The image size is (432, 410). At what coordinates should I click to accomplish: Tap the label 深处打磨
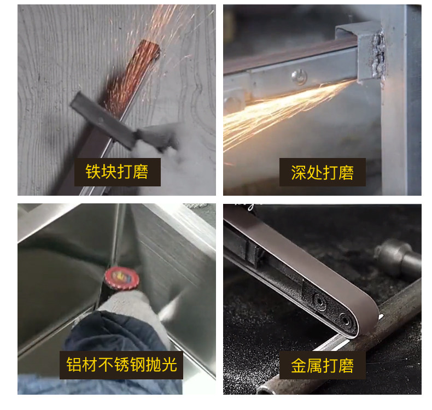coord(322,173)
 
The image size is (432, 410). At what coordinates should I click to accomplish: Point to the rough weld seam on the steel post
coord(377,55)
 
